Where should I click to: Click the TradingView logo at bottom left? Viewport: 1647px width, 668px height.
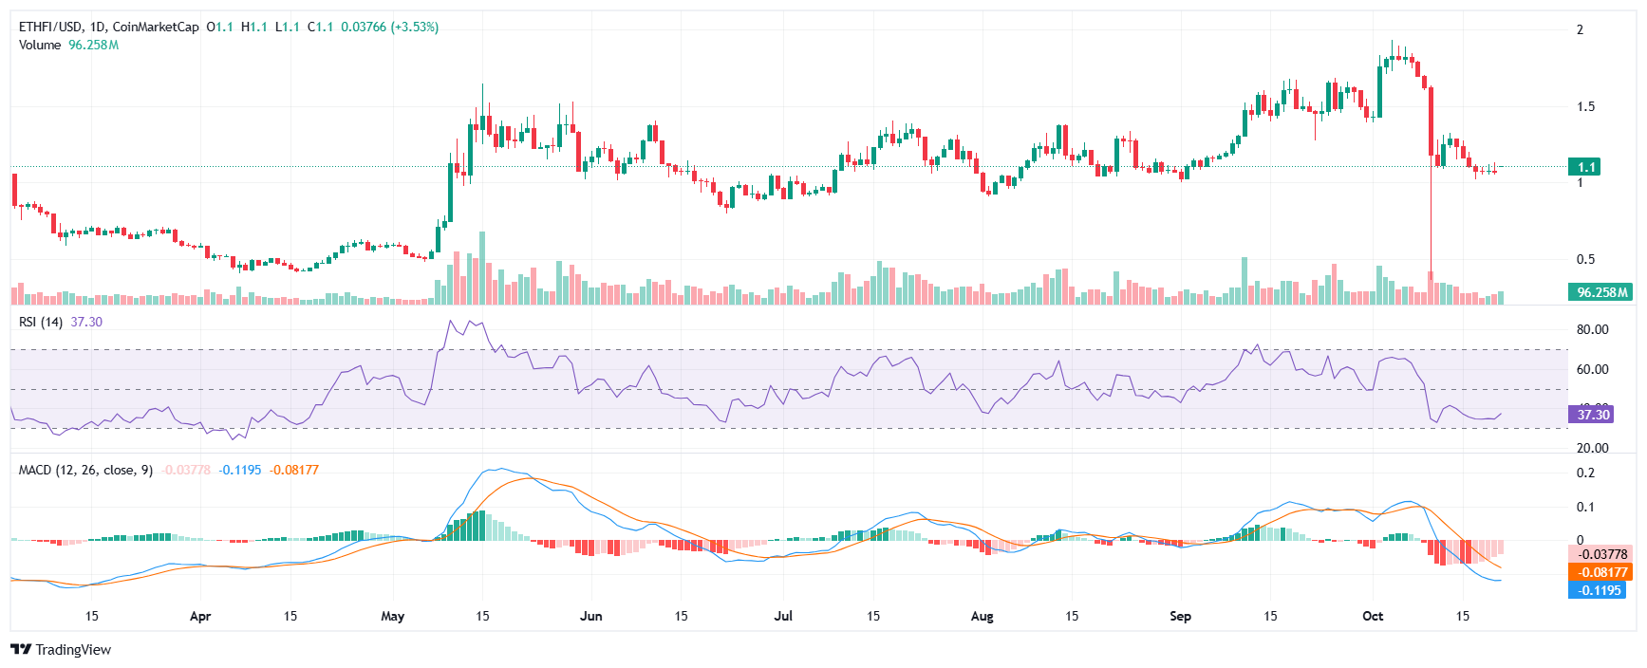[x=61, y=650]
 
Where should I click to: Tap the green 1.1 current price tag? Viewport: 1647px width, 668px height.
[x=1584, y=167]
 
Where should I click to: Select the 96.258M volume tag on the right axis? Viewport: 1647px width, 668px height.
[x=1600, y=292]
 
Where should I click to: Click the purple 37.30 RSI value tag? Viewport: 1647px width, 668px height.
[x=1592, y=415]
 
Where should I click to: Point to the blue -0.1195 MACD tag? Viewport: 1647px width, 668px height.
[x=1598, y=590]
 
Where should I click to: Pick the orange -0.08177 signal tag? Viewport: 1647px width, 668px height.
[x=1600, y=572]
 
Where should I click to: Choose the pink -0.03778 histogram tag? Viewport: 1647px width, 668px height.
[x=1600, y=554]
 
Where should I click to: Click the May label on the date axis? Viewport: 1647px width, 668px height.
[x=392, y=617]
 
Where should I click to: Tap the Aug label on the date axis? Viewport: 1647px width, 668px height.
[x=982, y=617]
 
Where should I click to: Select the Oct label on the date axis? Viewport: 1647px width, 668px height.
[x=1373, y=617]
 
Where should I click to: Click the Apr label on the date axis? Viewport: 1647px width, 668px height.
[x=199, y=617]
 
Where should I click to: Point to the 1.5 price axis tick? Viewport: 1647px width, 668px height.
[x=1585, y=106]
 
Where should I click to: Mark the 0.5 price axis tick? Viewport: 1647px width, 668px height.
[x=1585, y=259]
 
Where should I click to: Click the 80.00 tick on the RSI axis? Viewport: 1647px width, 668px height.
[x=1592, y=330]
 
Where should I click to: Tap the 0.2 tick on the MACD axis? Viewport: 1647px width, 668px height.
[x=1585, y=473]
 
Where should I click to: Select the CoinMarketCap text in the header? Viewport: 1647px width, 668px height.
[x=156, y=28]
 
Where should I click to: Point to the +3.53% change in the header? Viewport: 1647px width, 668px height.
[x=415, y=28]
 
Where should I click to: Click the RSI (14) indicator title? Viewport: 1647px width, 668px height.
[x=41, y=323]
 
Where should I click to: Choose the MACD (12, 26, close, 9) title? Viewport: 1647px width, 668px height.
[x=85, y=471]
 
